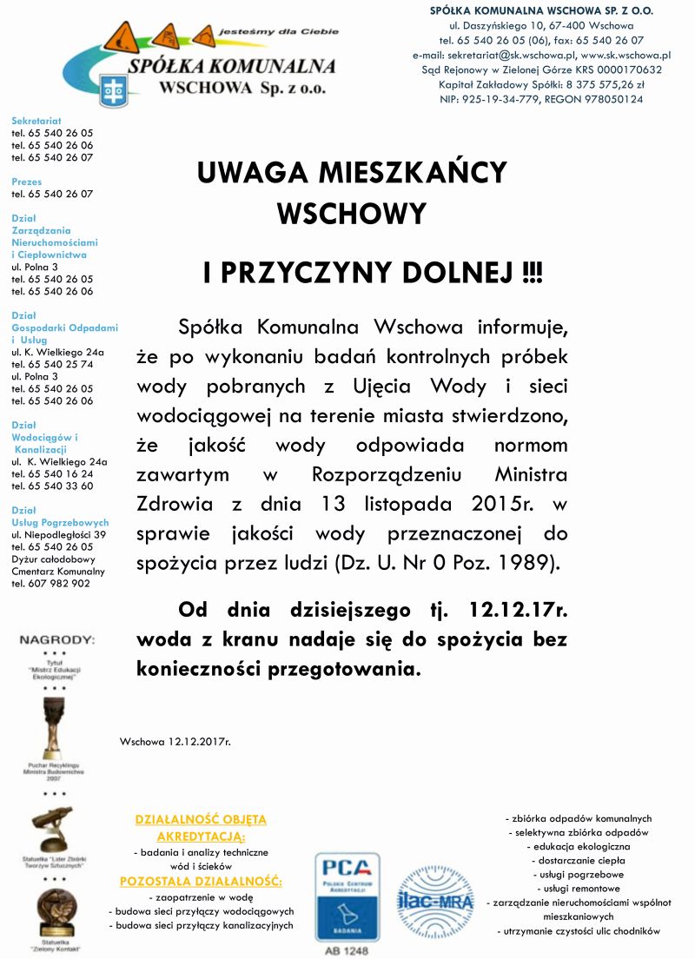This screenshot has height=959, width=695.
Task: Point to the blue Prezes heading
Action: pyautogui.click(x=27, y=182)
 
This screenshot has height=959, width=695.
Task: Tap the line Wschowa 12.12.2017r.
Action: pyautogui.click(x=175, y=742)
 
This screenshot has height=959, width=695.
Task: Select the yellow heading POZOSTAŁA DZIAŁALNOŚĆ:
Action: pyautogui.click(x=201, y=882)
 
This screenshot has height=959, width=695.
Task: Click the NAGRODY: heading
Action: pyautogui.click(x=56, y=640)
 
